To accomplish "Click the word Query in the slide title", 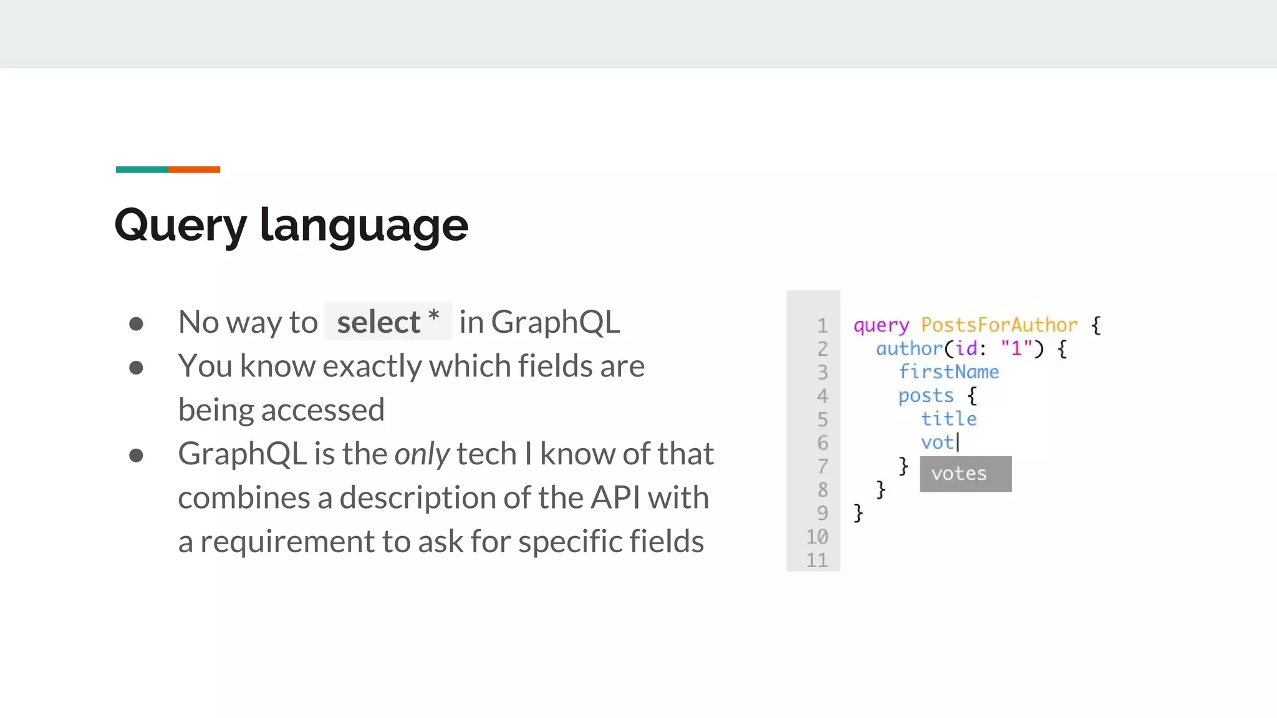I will click(x=181, y=226).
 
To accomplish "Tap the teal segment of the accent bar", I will click(x=142, y=170).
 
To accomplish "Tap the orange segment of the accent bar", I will click(x=194, y=170).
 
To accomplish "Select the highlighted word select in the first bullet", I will click(x=378, y=322).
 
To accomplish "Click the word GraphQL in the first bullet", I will click(x=555, y=322).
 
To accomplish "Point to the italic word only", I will click(x=422, y=454).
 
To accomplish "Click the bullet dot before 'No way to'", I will click(x=136, y=323).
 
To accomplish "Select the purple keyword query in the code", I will click(x=881, y=325).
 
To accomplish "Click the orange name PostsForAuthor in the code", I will click(x=999, y=325).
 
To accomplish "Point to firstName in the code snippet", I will click(x=948, y=372).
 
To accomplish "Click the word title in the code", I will click(x=948, y=419).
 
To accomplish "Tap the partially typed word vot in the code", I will click(x=938, y=443).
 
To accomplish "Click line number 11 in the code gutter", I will click(x=817, y=560).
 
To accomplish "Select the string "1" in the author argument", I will click(x=1016, y=348).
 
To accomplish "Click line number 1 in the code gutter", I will click(x=822, y=325).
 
